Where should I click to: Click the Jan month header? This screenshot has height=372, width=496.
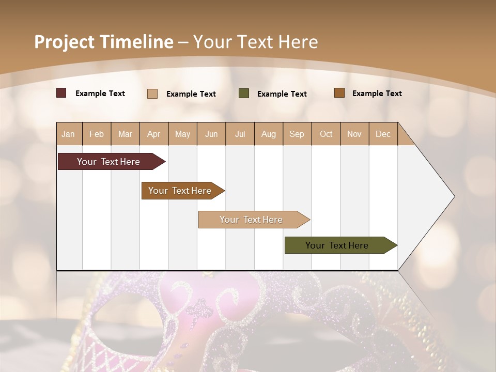(68, 134)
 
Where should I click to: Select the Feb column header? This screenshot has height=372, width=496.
(97, 134)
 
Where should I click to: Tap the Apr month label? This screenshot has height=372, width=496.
(153, 134)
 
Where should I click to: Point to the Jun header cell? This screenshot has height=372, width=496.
(211, 134)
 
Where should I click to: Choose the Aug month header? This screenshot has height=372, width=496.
(268, 134)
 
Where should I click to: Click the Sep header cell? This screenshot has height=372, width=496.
(297, 134)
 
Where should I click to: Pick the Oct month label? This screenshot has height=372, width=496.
(326, 134)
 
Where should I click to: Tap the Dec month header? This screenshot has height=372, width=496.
(383, 134)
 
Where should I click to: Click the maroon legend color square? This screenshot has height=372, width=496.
(61, 93)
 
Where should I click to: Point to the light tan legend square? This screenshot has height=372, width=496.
(152, 94)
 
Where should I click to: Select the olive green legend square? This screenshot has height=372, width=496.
(244, 94)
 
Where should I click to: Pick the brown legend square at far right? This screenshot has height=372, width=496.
(339, 93)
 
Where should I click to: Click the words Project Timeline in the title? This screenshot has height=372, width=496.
(103, 42)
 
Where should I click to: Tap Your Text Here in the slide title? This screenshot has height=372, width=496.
(255, 42)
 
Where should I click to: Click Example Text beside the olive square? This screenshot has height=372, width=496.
(282, 94)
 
